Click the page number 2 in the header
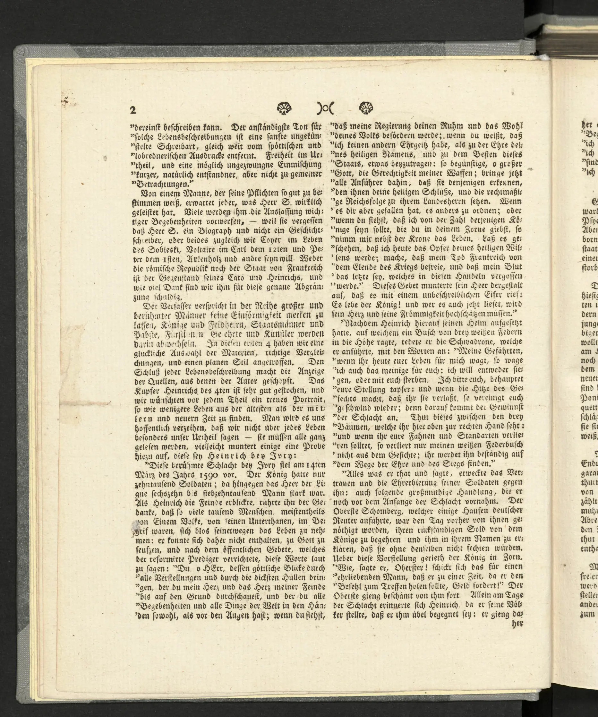point(133,110)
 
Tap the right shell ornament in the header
point(366,108)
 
